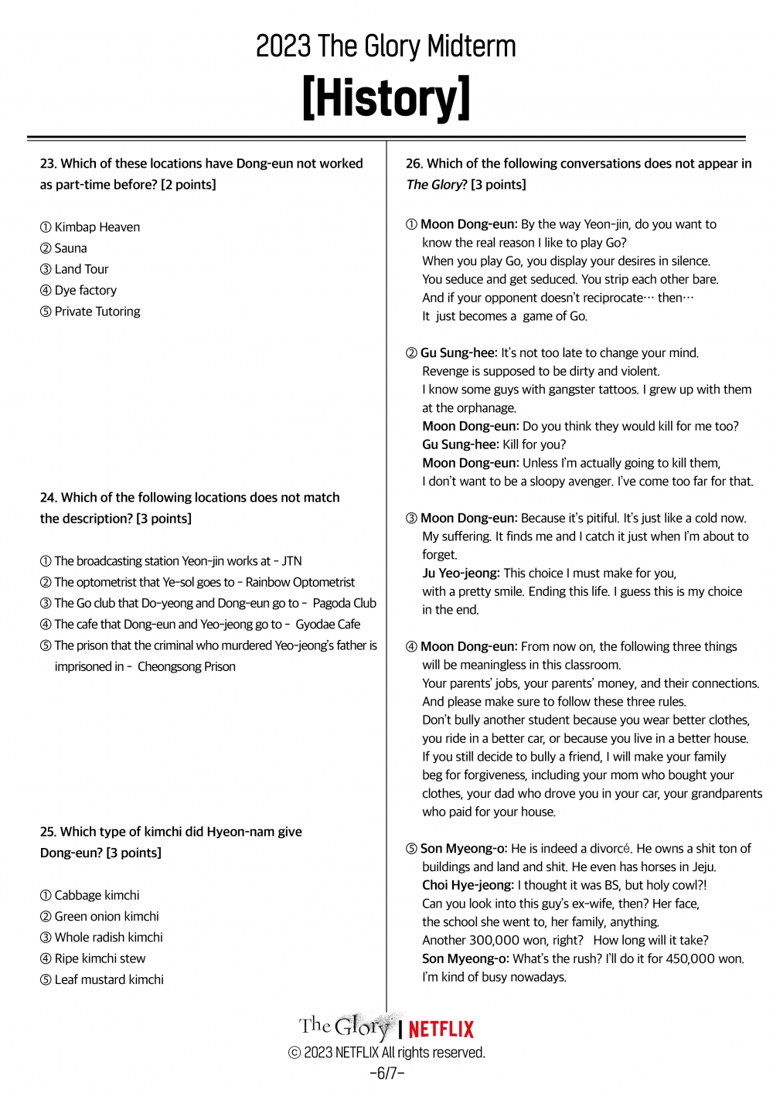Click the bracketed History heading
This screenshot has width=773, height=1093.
pyautogui.click(x=386, y=98)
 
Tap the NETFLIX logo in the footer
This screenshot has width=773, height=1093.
pyautogui.click(x=441, y=1030)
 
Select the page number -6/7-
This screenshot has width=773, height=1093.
pyautogui.click(x=386, y=1073)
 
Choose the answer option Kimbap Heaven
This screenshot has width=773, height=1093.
pyautogui.click(x=97, y=227)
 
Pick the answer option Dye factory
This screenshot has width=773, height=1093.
pyautogui.click(x=85, y=291)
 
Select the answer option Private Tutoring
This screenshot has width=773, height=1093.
pyautogui.click(x=97, y=312)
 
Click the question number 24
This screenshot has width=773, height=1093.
pyautogui.click(x=48, y=498)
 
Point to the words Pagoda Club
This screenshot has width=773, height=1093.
pyautogui.click(x=344, y=604)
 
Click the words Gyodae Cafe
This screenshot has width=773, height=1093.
pyautogui.click(x=328, y=625)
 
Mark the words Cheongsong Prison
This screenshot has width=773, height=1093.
pyautogui.click(x=186, y=666)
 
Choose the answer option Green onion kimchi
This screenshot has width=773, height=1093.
pyautogui.click(x=107, y=917)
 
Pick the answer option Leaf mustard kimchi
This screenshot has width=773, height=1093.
pyautogui.click(x=109, y=980)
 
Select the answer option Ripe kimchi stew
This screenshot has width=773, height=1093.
pyautogui.click(x=100, y=959)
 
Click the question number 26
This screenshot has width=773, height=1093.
pyautogui.click(x=414, y=164)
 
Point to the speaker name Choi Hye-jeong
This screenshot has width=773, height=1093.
pyautogui.click(x=467, y=885)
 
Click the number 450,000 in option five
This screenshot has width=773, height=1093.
pyautogui.click(x=692, y=959)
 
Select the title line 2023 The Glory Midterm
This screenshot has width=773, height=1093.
pyautogui.click(x=386, y=47)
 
